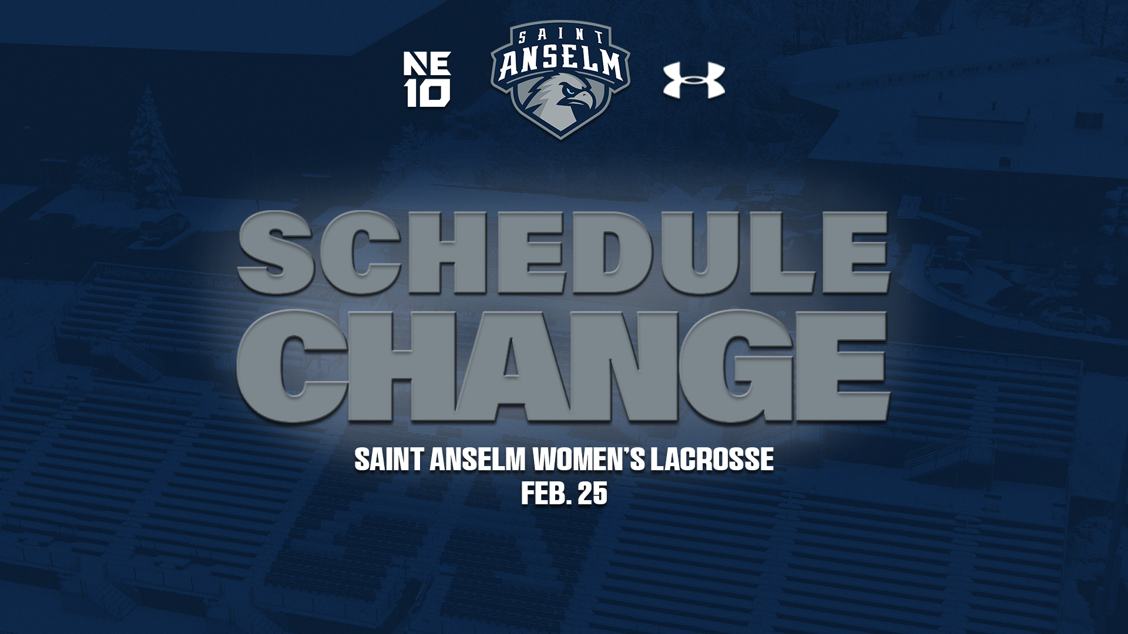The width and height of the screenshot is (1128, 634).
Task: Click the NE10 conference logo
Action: [427, 80]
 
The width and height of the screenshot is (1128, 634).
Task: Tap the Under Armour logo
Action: [694, 80]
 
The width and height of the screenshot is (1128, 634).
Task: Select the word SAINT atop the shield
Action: [560, 38]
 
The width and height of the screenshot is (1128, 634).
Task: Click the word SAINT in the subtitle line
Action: [389, 460]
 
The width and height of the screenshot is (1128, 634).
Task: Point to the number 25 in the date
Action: [592, 494]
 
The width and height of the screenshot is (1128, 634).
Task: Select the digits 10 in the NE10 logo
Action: [427, 93]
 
